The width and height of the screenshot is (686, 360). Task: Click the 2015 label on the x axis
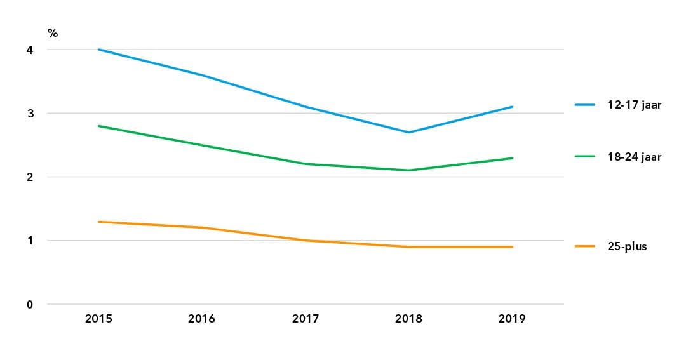98,319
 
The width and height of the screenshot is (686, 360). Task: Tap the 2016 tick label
201,319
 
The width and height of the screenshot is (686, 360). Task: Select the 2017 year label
306,319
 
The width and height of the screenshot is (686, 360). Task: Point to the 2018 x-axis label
408,319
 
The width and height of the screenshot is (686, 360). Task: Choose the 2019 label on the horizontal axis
512,319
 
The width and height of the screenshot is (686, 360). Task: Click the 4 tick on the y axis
29,50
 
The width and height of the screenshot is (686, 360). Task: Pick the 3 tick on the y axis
29,114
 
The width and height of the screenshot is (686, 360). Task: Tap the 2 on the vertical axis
29,177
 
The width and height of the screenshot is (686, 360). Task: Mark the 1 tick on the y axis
29,241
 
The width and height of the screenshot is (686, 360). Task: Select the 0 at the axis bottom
29,304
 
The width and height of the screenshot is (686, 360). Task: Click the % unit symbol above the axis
52,33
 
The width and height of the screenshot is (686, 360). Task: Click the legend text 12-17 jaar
634,105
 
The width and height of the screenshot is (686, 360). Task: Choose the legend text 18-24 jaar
634,156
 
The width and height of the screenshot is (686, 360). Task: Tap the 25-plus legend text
626,246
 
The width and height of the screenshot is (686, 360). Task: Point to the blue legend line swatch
584,105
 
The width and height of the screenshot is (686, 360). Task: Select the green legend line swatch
584,156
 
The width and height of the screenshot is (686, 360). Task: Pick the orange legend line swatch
584,246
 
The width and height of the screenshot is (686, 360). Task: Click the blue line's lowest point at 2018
408,132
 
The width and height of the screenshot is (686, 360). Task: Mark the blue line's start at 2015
98,50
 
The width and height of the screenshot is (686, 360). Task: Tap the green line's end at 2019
512,158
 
